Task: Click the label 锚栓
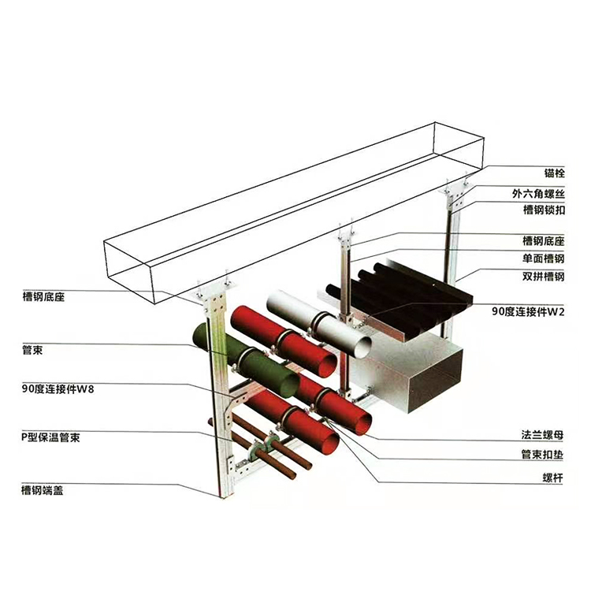point(555,173)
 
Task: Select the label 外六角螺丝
point(538,194)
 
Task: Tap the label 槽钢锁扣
point(544,210)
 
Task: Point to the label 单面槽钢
point(543,258)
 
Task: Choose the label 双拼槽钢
point(543,277)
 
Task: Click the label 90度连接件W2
point(528,311)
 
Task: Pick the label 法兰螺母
point(542,435)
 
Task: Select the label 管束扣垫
point(542,455)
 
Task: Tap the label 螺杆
point(552,478)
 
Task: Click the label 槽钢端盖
point(43,490)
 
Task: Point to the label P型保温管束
point(50,437)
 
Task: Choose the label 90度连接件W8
point(58,389)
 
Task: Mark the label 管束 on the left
point(32,350)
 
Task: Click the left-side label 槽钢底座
point(43,296)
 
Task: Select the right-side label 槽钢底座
point(543,240)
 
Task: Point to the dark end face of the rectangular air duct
point(436,381)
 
